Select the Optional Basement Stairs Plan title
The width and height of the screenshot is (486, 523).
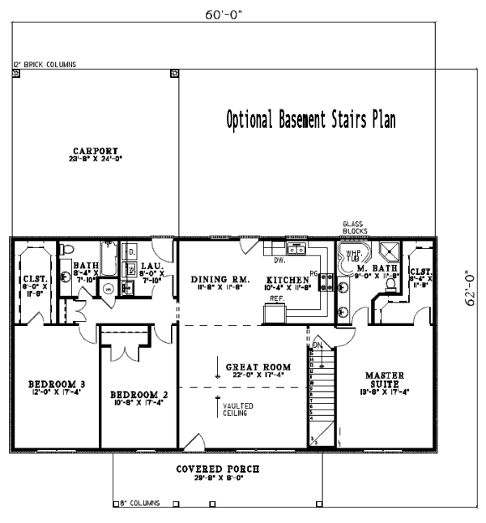click(311, 121)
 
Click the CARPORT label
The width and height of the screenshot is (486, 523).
click(96, 150)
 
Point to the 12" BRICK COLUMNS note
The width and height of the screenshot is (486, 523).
click(45, 64)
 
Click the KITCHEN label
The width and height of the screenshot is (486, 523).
click(288, 280)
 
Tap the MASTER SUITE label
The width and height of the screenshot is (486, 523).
click(380, 379)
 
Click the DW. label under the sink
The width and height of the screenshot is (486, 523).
click(279, 260)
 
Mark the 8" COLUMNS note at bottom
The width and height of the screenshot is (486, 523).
click(141, 504)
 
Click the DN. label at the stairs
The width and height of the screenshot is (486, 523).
click(318, 345)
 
